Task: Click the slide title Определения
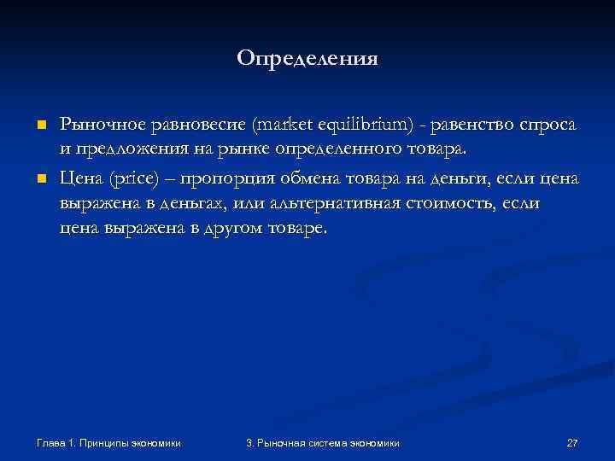[307, 59]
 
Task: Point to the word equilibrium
[365, 125]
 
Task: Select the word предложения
[125, 151]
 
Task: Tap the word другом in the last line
[239, 230]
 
